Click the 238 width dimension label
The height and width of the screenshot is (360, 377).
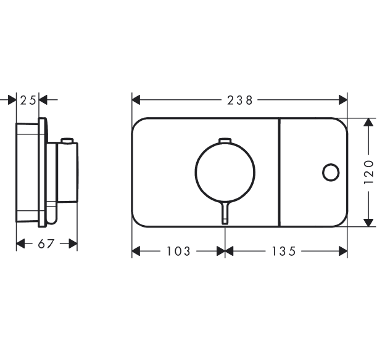pos(239,100)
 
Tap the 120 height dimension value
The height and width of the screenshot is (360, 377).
pos(368,172)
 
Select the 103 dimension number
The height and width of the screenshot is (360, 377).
pos(178,252)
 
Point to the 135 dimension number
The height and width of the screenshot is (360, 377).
pos(283,252)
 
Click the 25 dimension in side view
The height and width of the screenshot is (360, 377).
pos(28,100)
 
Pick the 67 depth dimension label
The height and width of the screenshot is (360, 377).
pos(46,243)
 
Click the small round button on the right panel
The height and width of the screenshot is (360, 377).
pos(331,172)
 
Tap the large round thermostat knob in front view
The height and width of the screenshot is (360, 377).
pos(225,172)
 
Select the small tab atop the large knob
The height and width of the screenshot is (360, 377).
pos(225,141)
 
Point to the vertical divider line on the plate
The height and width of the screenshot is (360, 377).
pos(280,172)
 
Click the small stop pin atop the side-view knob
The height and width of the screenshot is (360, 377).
pos(67,141)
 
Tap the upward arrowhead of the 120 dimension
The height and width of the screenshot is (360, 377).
pos(367,123)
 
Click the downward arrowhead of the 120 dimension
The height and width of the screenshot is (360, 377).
pos(367,222)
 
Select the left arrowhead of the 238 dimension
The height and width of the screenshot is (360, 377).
pos(136,100)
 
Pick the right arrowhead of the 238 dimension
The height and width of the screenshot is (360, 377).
pos(343,100)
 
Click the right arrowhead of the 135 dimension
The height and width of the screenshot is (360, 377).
pos(343,252)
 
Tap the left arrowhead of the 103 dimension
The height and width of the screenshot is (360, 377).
pos(136,252)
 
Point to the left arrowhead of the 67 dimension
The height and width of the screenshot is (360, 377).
pos(20,243)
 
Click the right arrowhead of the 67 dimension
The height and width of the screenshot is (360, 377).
pos(73,243)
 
